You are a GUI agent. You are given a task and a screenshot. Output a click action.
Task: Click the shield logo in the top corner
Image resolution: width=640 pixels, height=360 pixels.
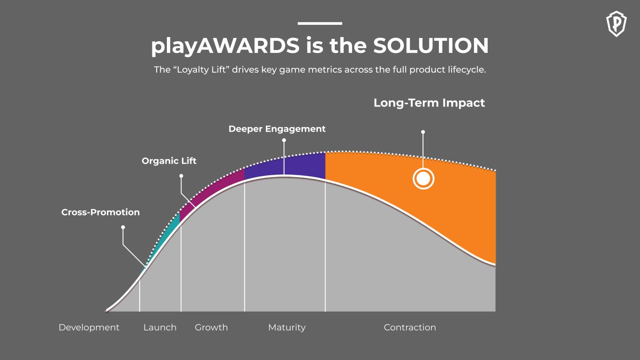(617, 23)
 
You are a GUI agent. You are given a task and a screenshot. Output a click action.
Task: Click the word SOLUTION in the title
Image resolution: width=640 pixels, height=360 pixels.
(431, 46)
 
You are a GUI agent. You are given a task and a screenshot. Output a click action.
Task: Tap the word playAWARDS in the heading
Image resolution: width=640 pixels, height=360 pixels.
(225, 46)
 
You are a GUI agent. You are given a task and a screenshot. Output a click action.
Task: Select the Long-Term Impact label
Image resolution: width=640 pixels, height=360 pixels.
(429, 103)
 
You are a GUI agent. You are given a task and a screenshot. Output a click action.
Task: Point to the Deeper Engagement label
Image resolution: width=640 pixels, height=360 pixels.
(277, 129)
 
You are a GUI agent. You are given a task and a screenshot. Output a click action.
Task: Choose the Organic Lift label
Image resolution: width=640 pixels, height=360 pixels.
(169, 161)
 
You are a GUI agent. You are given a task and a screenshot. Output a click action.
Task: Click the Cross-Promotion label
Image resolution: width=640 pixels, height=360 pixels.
(100, 212)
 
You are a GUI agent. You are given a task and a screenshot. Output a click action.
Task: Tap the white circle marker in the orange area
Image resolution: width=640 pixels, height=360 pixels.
(423, 179)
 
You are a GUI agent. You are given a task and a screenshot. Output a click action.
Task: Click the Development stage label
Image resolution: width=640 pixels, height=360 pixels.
(89, 328)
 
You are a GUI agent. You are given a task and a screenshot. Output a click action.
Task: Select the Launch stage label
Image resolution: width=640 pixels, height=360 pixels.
(160, 328)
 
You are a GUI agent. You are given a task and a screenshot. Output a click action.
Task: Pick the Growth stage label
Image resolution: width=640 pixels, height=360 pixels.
(211, 328)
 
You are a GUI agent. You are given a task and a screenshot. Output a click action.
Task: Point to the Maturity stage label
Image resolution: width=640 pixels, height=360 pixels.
(286, 328)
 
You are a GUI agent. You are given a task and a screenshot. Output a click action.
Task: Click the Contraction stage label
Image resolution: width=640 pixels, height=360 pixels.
(410, 328)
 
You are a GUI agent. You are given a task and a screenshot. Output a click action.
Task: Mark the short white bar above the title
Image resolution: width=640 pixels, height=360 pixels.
(320, 23)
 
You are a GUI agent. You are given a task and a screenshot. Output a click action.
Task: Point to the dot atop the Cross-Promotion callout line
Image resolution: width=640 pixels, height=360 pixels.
(123, 227)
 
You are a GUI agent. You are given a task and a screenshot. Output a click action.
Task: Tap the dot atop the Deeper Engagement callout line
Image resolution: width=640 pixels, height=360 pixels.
(284, 140)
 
